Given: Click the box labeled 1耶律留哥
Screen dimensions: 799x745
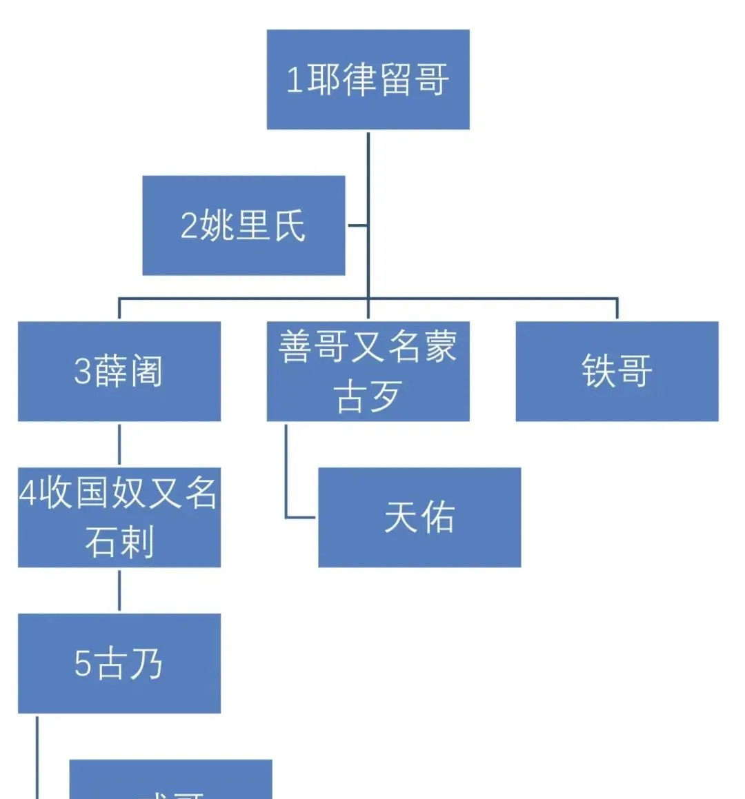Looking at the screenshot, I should [x=368, y=79].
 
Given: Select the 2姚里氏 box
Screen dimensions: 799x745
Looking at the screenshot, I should [x=244, y=225].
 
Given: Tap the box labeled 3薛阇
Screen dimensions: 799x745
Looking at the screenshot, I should [x=119, y=371].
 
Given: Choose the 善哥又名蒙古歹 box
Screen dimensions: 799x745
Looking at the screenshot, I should [x=368, y=371].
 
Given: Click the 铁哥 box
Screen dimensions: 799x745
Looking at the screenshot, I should [x=617, y=371].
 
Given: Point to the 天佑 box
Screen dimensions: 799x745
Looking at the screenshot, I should [x=419, y=517].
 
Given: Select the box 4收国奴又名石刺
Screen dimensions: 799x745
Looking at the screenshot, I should [x=119, y=517].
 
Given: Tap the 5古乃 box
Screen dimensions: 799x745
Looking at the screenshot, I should [x=119, y=663].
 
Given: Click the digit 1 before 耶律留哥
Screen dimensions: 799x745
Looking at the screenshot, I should [x=295, y=80].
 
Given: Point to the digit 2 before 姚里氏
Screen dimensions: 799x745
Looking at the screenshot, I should [x=188, y=226].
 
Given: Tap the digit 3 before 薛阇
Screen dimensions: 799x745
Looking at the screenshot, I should [x=82, y=372].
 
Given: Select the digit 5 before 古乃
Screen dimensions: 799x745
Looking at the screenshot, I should [x=82, y=664].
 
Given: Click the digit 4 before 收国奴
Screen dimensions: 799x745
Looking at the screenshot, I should [x=27, y=494].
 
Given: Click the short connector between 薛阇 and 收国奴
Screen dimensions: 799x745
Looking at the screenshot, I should [x=119, y=444].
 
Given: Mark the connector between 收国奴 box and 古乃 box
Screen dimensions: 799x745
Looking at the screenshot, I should [x=119, y=590].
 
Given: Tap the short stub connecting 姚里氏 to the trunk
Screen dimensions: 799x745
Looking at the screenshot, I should [x=357, y=225].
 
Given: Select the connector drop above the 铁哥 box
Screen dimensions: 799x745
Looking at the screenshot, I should [x=617, y=308].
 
